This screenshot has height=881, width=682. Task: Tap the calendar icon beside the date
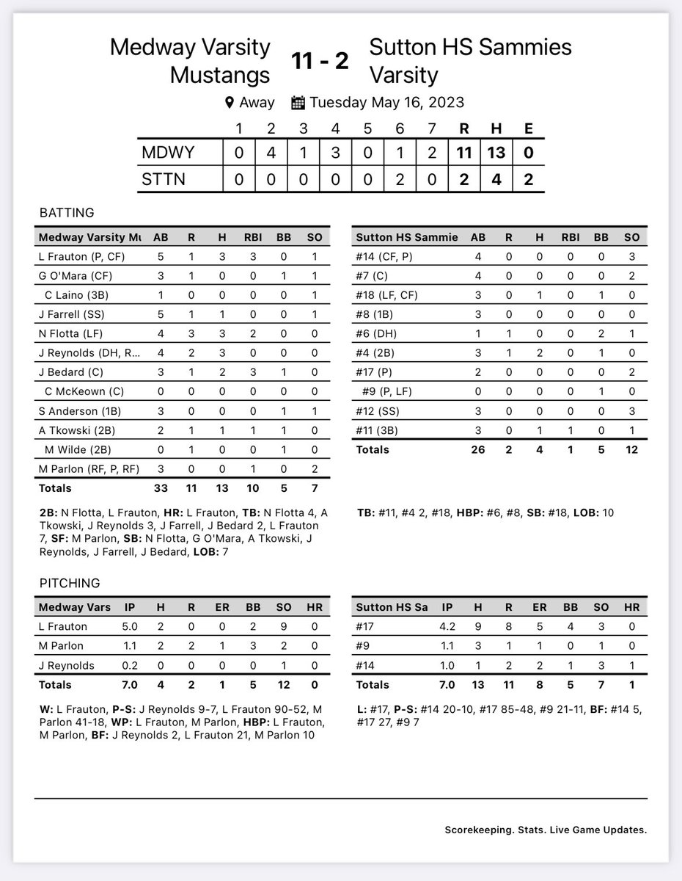(x=298, y=103)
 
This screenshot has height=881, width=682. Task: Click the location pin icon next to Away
(x=230, y=103)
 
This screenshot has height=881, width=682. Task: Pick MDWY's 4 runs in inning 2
(x=271, y=153)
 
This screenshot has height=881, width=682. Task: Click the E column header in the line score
(x=529, y=128)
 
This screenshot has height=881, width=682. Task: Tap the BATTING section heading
(x=66, y=213)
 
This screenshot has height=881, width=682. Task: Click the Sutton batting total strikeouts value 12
(x=632, y=449)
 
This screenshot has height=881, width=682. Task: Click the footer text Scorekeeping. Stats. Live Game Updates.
(x=546, y=830)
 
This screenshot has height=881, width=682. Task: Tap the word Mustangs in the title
(x=221, y=74)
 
